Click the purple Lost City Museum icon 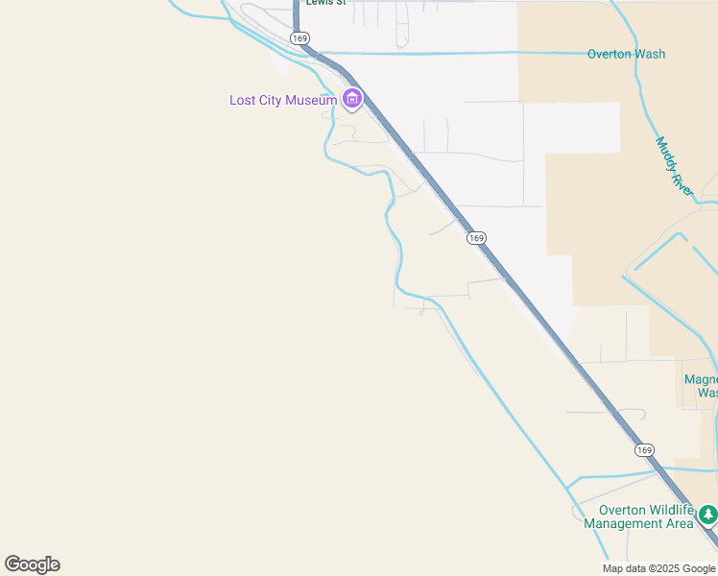352,99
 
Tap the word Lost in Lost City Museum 243,100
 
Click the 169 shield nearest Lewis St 300,38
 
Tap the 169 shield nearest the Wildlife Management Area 644,449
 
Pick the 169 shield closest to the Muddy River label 477,237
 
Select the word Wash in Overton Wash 650,54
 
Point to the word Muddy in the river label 665,154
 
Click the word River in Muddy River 682,181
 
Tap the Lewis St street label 324,3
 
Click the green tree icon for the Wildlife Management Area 708,516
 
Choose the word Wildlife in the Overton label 669,510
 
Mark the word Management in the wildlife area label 624,524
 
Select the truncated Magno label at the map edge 701,379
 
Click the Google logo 33,564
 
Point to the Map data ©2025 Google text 659,568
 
